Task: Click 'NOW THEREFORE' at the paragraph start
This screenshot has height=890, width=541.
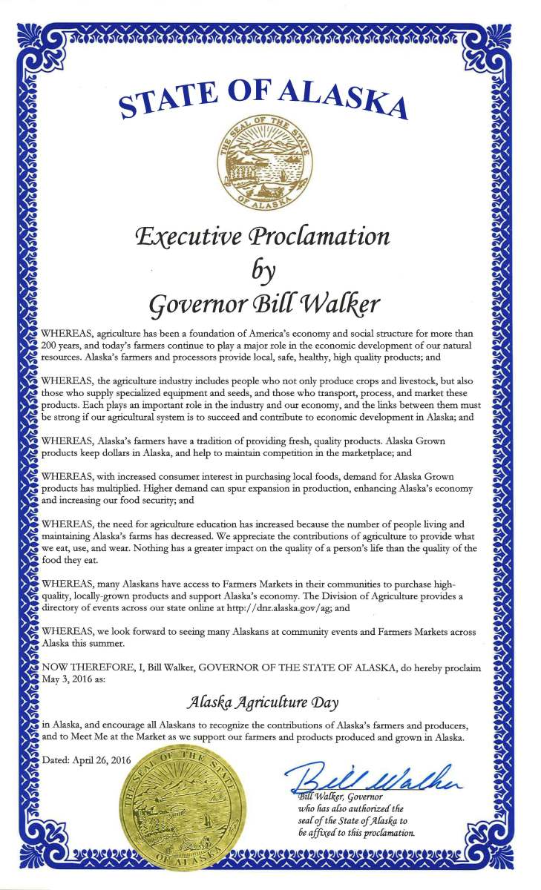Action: click(81, 668)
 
